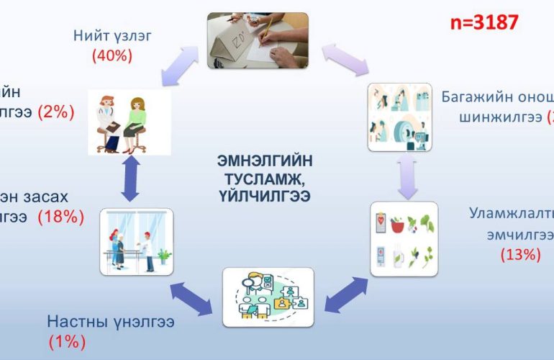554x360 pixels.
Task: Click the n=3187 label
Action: [x=483, y=22]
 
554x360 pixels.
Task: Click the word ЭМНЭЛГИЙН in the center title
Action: [x=265, y=161]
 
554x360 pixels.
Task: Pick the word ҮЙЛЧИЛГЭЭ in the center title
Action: [x=265, y=195]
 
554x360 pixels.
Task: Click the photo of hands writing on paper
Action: [x=258, y=40]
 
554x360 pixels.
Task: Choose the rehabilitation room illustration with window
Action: [x=137, y=242]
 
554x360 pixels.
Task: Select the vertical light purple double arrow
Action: [x=406, y=176]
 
